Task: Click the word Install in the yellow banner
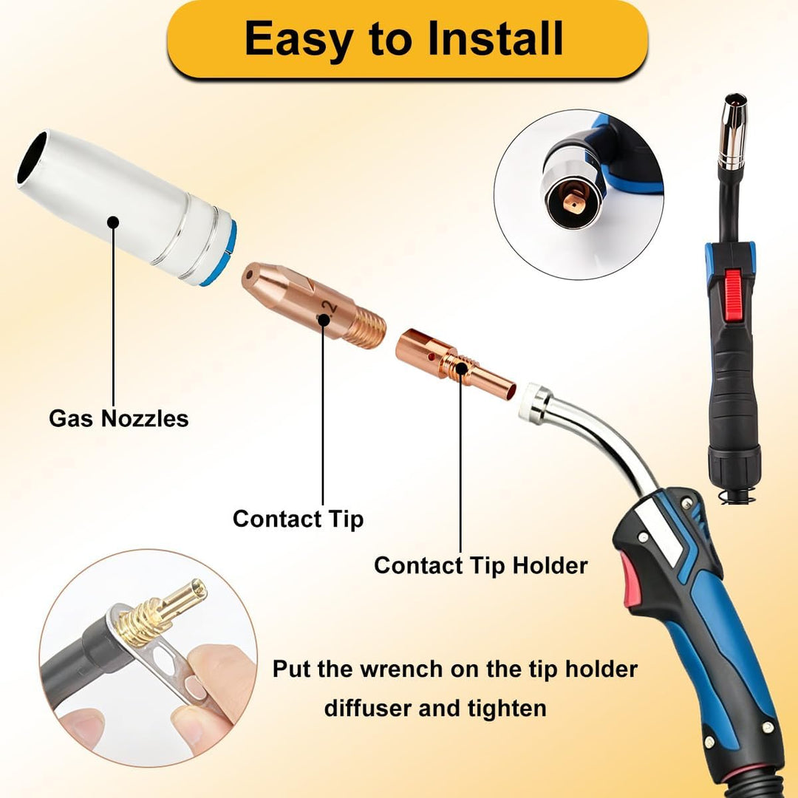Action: [x=495, y=38]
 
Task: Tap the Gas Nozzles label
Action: [x=118, y=418]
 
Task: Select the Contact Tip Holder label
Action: [x=480, y=565]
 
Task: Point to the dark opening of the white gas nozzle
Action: [x=32, y=157]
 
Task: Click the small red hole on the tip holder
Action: [x=432, y=358]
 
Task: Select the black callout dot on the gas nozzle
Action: [x=113, y=222]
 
